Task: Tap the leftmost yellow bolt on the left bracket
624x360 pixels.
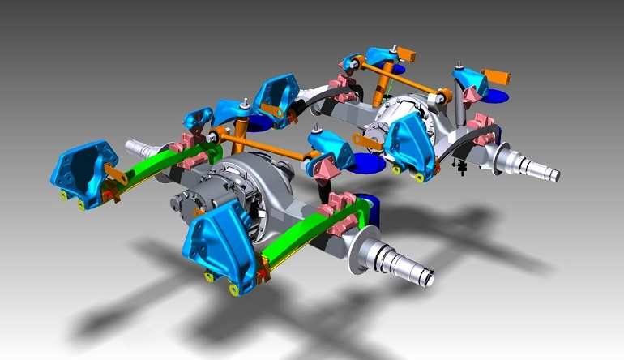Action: (64, 195)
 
